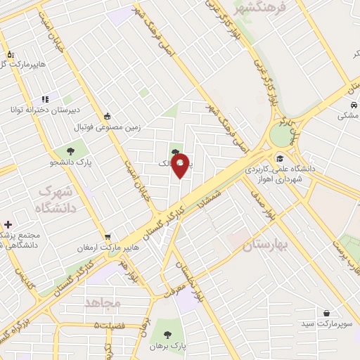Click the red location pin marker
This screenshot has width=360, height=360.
tap(181, 165)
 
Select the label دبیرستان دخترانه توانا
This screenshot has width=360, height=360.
tap(40, 110)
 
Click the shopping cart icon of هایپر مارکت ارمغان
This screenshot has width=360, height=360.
tap(108, 236)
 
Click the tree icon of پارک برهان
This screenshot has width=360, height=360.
tap(166, 334)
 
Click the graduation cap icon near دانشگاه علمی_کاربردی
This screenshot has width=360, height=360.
tap(281, 158)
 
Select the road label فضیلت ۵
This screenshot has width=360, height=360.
tap(115, 326)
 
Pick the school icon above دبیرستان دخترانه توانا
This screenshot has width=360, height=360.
tap(44, 99)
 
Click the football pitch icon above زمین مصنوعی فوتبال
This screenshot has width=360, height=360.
tap(107, 117)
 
